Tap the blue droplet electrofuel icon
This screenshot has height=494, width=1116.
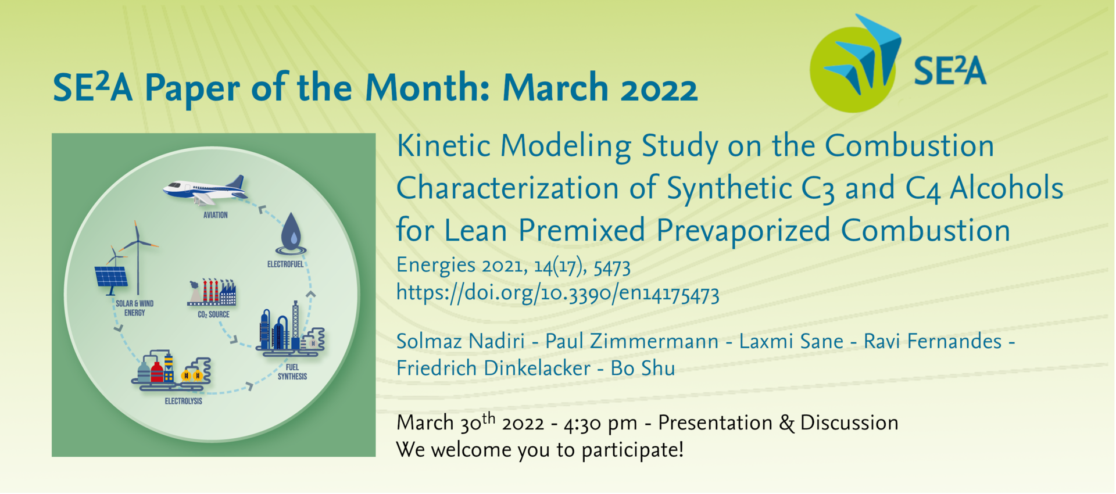291,234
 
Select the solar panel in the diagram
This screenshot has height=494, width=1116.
111,278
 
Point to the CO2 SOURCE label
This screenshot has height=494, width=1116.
213,314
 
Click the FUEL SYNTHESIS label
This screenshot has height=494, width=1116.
292,372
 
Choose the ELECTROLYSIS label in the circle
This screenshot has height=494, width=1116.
184,401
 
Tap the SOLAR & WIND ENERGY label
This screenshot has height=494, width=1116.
134,308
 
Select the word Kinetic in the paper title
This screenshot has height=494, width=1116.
443,145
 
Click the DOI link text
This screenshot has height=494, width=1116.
557,292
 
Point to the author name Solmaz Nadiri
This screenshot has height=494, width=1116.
460,341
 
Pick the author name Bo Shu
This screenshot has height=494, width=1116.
643,368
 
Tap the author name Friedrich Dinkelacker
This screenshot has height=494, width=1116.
493,368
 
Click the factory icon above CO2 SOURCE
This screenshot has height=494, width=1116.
212,292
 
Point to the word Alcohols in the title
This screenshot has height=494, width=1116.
1007,188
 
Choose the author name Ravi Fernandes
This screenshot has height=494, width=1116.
932,341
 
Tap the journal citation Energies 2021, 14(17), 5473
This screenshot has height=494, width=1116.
513,266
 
